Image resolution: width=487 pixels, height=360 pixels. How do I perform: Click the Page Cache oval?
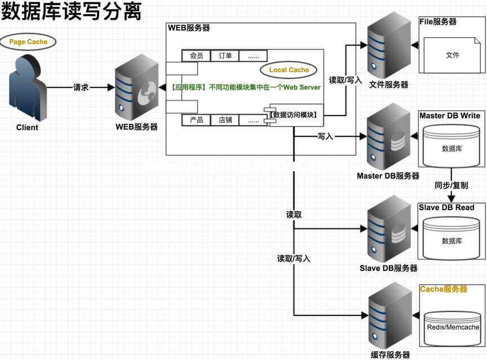pos(28,42)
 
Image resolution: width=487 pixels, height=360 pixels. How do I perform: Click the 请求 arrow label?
pos(81,87)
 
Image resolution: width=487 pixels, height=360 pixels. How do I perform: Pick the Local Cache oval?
pos(289,70)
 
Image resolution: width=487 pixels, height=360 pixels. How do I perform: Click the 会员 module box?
pos(196,56)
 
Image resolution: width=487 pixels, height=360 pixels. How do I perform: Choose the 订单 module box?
pos(225,56)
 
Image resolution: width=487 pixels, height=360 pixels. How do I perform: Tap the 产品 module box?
pos(196,120)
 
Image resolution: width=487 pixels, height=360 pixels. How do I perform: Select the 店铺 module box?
pos(225,120)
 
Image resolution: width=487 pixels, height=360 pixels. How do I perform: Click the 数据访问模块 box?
pos(294,115)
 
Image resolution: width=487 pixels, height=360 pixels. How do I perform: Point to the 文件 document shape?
pos(452,55)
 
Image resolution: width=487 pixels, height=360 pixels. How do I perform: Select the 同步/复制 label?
pos(451,185)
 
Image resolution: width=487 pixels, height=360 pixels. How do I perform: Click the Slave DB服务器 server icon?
pos(388,231)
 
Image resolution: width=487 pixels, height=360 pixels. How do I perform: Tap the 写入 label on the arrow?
pos(325,136)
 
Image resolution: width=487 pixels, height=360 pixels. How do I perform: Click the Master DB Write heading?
pos(449,115)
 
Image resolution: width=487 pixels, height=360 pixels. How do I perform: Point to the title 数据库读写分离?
pos(72,12)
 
